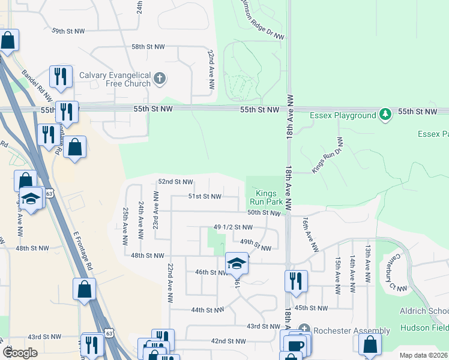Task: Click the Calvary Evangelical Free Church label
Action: click(x=115, y=79)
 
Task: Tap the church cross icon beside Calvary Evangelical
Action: click(x=160, y=78)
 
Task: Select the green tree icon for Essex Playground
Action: click(x=385, y=114)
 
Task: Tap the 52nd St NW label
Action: click(x=175, y=182)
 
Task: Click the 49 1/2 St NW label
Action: click(x=233, y=227)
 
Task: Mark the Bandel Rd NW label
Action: click(x=37, y=85)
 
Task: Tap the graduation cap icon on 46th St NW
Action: click(x=237, y=263)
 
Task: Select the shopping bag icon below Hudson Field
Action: click(x=370, y=344)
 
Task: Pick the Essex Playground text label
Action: click(x=343, y=115)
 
